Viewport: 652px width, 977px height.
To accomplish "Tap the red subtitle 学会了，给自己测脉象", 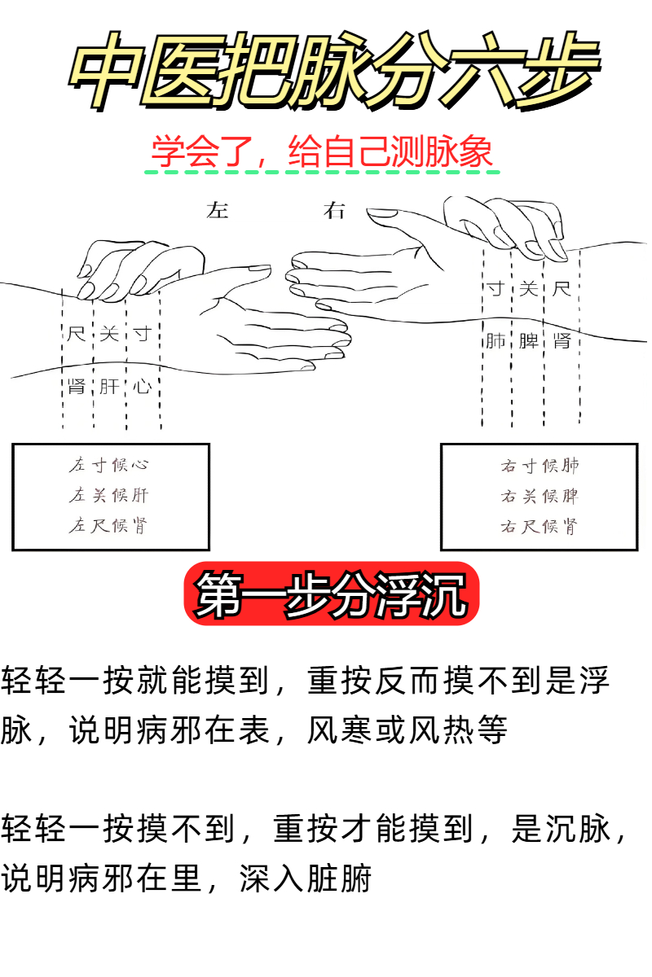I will tap(323, 152).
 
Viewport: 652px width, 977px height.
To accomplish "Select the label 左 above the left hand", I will tap(218, 211).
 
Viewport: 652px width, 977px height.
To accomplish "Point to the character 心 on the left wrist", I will tap(143, 385).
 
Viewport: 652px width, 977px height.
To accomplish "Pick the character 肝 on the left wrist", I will tap(109, 385).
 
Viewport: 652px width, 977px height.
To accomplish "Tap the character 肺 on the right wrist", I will tap(495, 340).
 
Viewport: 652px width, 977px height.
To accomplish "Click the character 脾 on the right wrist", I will tap(528, 340).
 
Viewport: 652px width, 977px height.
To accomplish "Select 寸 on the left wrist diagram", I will tap(143, 334).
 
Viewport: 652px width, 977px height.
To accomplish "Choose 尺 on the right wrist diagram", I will tap(562, 289).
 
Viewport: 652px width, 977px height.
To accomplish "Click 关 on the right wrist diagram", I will tap(528, 289).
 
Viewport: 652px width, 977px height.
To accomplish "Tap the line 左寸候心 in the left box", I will tap(109, 466).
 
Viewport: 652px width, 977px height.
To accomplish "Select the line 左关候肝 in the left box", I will tap(109, 495).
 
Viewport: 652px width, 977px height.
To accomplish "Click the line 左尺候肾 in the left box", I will tap(109, 525).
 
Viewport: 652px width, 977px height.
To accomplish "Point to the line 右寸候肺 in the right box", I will tap(539, 466).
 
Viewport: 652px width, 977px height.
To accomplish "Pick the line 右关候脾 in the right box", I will tap(539, 496).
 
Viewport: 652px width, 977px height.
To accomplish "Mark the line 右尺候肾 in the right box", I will tap(539, 526).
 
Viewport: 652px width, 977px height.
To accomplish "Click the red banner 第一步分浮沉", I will tap(332, 594).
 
